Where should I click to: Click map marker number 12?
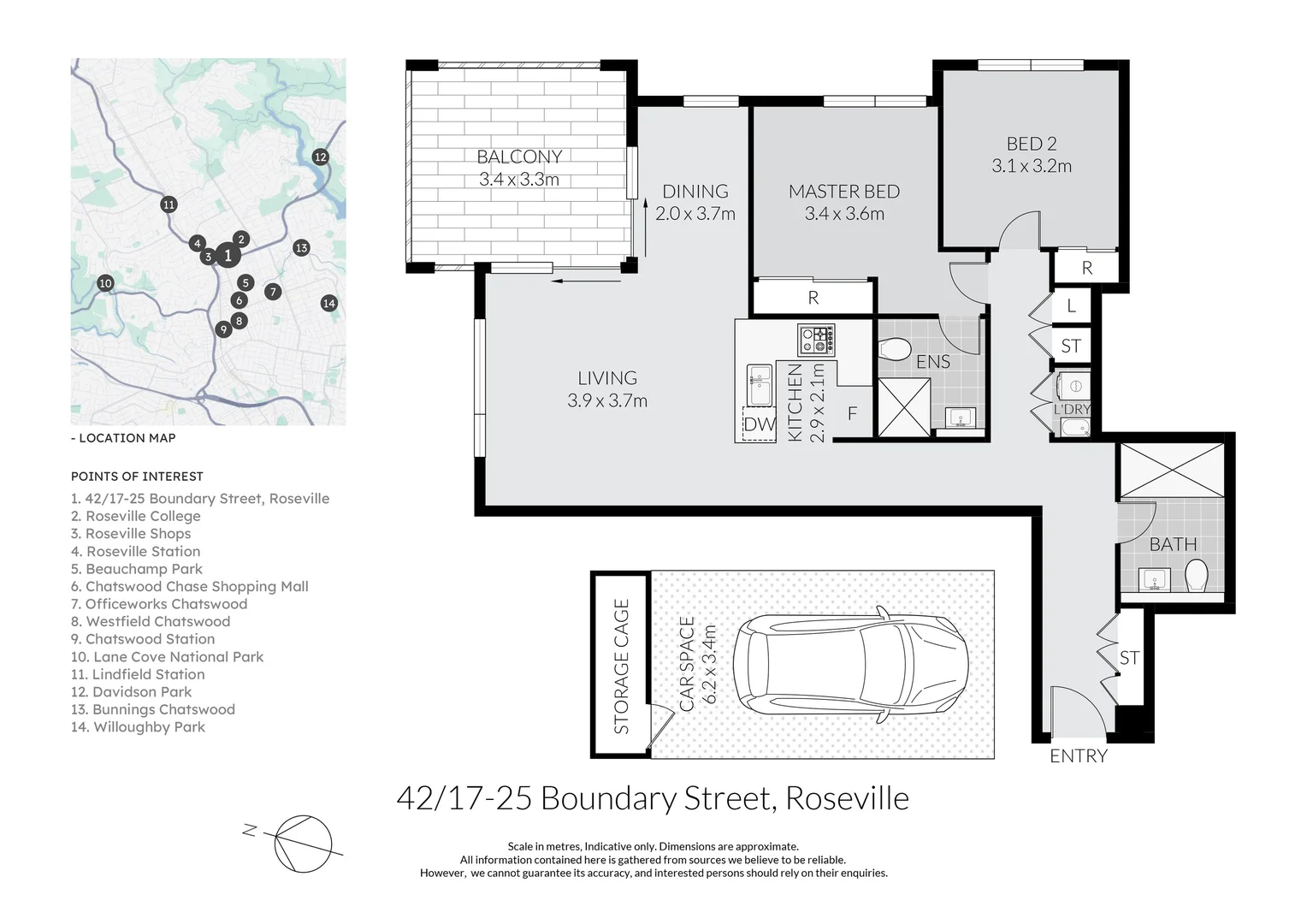point(320,157)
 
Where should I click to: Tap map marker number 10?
point(105,284)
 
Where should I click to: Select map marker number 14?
point(329,303)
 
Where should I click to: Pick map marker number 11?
point(169,204)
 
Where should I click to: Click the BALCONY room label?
point(519,157)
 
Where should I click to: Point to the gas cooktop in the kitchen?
point(816,341)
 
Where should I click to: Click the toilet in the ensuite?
point(895,350)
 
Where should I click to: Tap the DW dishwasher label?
point(759,424)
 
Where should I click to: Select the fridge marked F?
point(853,412)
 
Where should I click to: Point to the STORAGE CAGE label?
point(621,666)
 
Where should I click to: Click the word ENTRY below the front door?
point(1079,756)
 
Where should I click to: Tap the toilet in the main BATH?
point(1196,576)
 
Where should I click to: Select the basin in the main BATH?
point(1154,579)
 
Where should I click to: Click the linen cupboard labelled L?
point(1071,305)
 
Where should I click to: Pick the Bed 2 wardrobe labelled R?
point(1086,267)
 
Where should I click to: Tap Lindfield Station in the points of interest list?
point(138,674)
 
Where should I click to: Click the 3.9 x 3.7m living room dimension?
point(607,400)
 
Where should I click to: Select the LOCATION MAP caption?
point(123,438)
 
